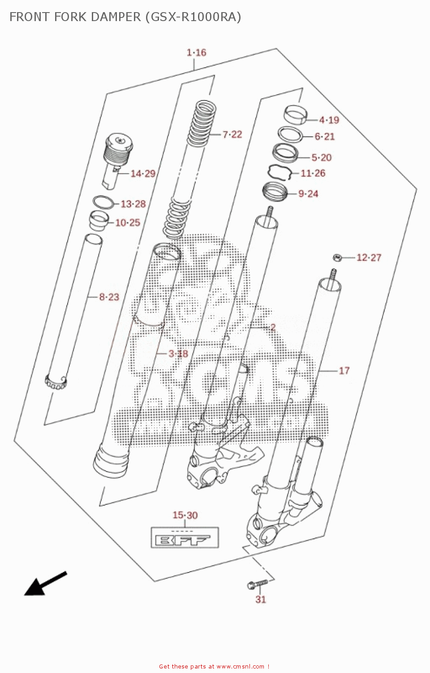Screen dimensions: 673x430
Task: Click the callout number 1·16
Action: point(196,52)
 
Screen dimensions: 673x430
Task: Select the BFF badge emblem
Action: point(185,538)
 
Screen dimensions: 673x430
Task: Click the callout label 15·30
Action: point(185,515)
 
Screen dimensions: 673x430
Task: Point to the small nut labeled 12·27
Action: point(338,258)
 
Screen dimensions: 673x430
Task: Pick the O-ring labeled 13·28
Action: point(103,202)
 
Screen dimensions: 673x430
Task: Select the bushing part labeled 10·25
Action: point(99,220)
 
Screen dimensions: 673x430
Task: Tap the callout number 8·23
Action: point(109,297)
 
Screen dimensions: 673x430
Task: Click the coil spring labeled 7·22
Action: point(202,123)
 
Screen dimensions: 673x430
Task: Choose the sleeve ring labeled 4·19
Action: point(295,114)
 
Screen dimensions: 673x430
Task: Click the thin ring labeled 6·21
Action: point(290,134)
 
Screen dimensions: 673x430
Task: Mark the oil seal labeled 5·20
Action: point(285,153)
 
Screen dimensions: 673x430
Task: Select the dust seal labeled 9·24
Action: point(275,192)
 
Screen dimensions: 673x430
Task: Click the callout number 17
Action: point(344,371)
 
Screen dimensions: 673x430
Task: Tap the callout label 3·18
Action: point(178,354)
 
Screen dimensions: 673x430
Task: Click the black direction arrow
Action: point(45,583)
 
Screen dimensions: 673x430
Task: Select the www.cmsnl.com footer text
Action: point(240,667)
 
